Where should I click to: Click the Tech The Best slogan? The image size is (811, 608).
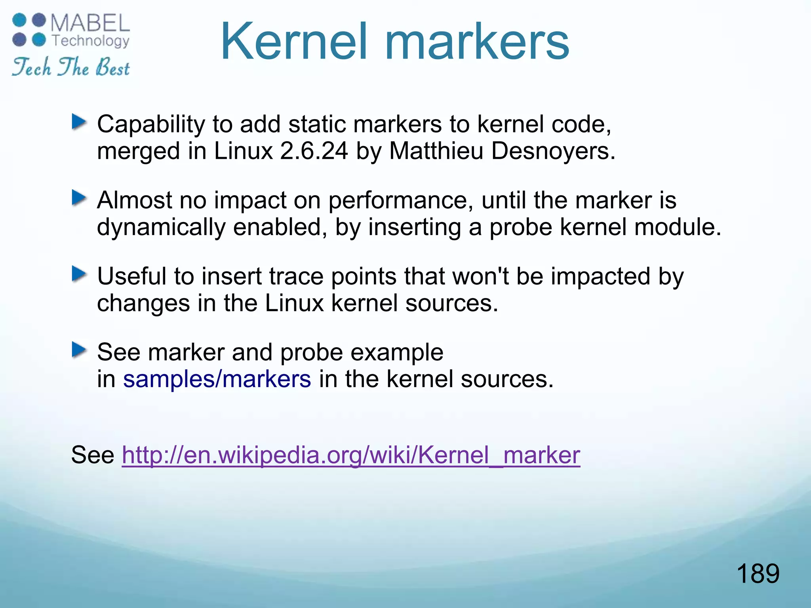tap(71, 67)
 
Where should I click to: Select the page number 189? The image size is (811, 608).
tap(758, 573)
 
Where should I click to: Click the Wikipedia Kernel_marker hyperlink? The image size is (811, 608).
tap(350, 455)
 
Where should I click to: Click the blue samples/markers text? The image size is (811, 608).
tap(217, 379)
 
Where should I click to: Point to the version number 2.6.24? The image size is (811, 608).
tap(314, 151)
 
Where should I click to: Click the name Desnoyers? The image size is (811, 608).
tap(553, 151)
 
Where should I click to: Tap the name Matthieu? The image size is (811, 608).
tap(436, 151)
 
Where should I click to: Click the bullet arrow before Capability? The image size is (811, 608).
tap(79, 122)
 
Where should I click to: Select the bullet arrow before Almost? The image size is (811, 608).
tap(79, 198)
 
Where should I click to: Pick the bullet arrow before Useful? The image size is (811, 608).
tap(79, 274)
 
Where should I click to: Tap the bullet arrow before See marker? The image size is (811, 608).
tap(79, 350)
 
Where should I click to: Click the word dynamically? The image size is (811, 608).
tap(161, 227)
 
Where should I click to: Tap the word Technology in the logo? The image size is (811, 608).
tap(91, 41)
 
